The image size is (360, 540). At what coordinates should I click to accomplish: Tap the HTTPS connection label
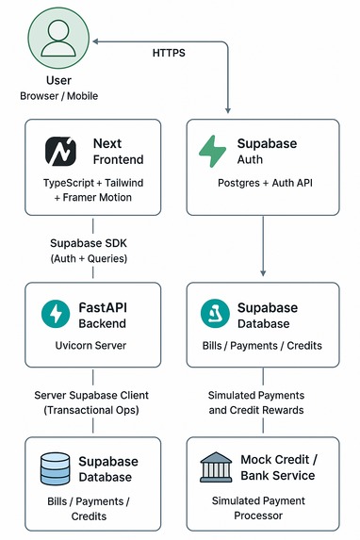pyautogui.click(x=169, y=54)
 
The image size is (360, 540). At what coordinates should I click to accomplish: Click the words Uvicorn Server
pyautogui.click(x=91, y=345)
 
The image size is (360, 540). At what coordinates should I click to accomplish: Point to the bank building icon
pyautogui.click(x=215, y=468)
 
